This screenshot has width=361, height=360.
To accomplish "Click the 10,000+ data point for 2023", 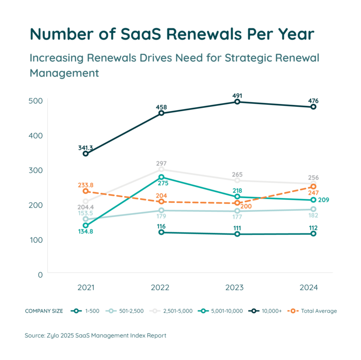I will (x=237, y=102).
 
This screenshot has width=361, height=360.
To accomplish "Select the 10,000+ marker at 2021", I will (x=86, y=154).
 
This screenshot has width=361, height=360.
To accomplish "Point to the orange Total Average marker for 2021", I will (x=86, y=191).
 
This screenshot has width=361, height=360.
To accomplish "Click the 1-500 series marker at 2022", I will (x=162, y=232).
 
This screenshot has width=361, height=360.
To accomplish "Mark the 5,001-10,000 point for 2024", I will (x=314, y=200).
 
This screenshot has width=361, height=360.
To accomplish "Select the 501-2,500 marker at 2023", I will (x=237, y=211).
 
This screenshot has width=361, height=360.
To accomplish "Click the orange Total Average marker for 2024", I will (x=314, y=187).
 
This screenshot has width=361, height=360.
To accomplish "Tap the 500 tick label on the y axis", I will (x=39, y=101).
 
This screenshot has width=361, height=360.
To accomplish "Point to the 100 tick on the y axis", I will (x=39, y=240).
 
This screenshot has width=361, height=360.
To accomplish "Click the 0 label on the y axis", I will (x=41, y=274).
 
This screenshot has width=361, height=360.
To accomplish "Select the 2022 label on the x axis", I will (x=162, y=288).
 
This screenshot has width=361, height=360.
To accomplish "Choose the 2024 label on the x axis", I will (x=309, y=288).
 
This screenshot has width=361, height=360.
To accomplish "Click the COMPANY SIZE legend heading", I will (x=40, y=311).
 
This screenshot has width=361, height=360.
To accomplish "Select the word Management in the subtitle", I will (x=64, y=73).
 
